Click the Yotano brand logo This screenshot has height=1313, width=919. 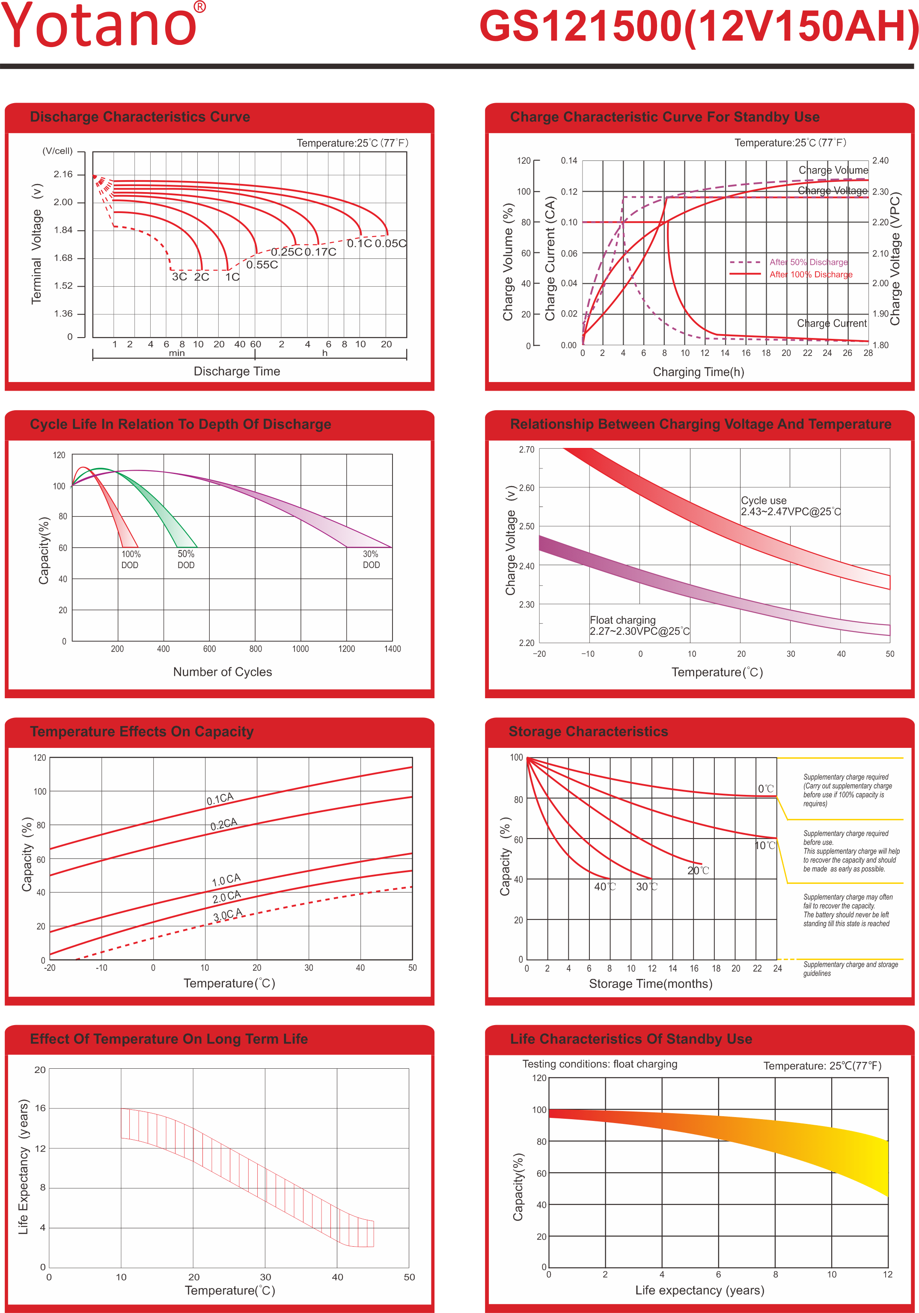tap(103, 25)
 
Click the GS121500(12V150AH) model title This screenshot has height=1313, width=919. tap(698, 27)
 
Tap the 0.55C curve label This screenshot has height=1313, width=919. tap(262, 265)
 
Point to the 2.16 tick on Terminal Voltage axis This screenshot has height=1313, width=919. tap(63, 175)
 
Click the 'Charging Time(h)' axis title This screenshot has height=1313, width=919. tap(698, 372)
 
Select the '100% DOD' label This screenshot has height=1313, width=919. tap(131, 559)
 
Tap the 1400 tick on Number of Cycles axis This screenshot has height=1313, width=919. tap(393, 649)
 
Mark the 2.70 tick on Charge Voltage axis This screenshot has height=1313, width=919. tap(526, 450)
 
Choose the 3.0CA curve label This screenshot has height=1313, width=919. tap(228, 914)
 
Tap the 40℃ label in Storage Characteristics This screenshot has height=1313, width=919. tap(605, 886)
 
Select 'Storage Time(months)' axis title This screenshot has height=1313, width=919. tap(651, 984)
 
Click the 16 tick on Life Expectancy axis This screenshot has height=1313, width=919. tap(40, 1108)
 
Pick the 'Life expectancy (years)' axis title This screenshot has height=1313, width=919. tap(699, 1290)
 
